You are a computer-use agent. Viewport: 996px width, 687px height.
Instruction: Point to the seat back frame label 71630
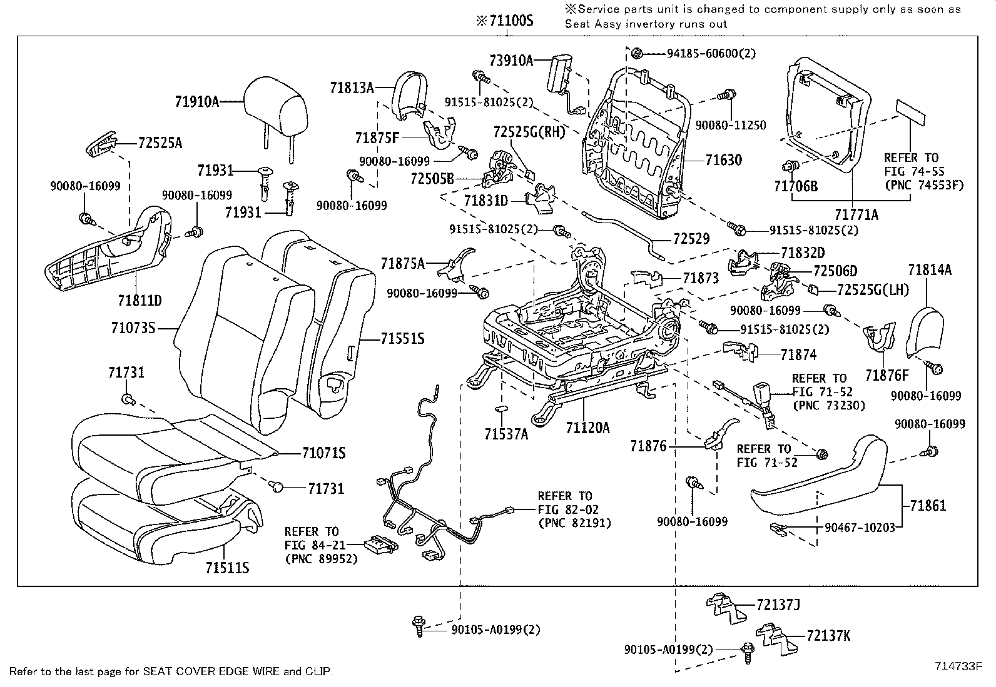(723, 160)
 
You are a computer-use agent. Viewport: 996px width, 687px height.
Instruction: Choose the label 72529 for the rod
(691, 239)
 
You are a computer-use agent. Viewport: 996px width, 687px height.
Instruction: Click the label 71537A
(506, 433)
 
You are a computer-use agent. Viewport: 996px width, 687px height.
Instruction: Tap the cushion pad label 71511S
(227, 568)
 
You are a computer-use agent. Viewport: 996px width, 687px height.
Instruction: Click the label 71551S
(402, 339)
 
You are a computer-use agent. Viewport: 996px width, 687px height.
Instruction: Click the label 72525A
(160, 143)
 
